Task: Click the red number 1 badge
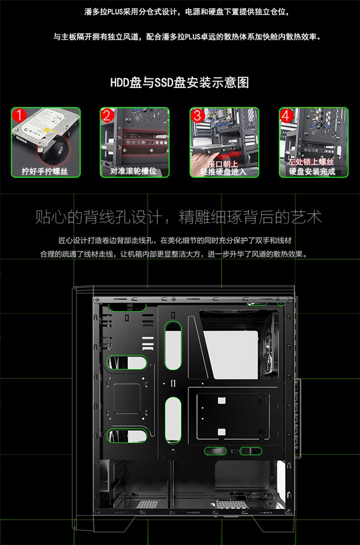point(20,115)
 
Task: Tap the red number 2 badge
point(107,115)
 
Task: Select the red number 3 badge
point(197,115)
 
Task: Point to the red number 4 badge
point(287,115)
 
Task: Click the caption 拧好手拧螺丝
point(45,171)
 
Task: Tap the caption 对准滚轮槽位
point(133,171)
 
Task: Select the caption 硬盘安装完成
point(312,171)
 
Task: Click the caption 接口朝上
point(223,164)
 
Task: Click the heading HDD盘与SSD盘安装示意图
point(180,83)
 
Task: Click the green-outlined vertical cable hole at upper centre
point(173,346)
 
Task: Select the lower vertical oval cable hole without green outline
point(173,420)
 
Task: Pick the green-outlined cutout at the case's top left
point(127,307)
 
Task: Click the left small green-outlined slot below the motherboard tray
point(215,451)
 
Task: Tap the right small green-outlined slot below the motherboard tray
point(251,451)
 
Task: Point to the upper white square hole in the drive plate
point(221,400)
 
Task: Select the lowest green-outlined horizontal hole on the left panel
point(127,436)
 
